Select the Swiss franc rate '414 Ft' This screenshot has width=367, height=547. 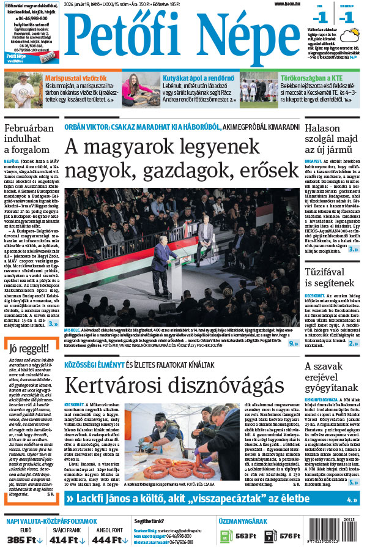pos(67,540)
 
